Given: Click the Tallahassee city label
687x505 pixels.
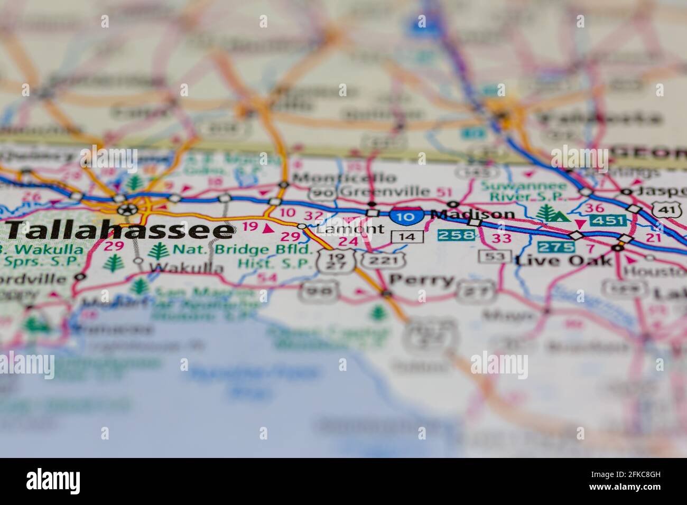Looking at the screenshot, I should [120, 230].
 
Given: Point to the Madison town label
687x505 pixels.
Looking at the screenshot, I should [472, 214].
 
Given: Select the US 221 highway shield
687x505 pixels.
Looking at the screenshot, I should [379, 259].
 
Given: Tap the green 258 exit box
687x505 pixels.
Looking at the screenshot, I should [456, 235].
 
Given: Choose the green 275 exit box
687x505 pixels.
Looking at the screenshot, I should [556, 246].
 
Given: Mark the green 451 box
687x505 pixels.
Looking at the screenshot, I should [608, 220].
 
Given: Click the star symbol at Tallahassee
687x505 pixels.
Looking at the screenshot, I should [127, 209].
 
